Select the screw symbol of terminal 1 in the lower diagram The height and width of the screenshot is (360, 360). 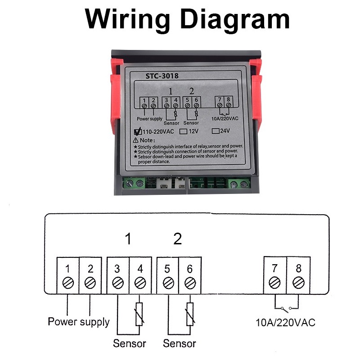coord(67,283)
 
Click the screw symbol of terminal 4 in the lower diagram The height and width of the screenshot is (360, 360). coord(140,283)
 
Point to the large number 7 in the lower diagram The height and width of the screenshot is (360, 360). coord(274,269)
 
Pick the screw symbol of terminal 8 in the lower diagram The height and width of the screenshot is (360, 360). coord(298,283)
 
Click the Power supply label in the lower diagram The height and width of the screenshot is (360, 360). coord(78,322)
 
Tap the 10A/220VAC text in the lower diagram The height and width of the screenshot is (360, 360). coord(285,323)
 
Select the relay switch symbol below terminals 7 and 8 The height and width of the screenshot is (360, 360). coord(286,308)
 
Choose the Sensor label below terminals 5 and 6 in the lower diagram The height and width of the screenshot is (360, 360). coord(179,344)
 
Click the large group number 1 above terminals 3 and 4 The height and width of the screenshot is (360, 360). coord(128,238)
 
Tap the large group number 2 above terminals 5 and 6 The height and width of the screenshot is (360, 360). coord(178,238)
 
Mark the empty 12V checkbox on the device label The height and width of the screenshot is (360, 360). coord(183,132)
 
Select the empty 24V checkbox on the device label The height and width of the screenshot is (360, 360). coord(215,131)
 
